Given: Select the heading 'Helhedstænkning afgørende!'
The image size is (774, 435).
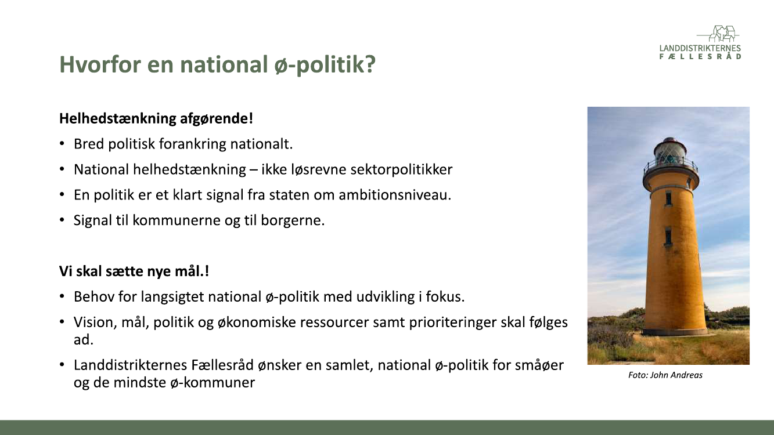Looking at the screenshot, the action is pos(156,119).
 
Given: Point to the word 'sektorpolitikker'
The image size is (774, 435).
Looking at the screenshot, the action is pos(401,170).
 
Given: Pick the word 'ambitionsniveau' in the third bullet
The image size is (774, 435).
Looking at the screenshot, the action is pos(393,195).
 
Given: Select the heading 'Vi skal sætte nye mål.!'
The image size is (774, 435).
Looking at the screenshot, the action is pos(134,271).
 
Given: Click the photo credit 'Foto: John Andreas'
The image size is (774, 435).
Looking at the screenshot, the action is pos(665,375).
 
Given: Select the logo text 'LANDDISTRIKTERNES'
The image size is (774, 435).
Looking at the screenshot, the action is pos(700,48).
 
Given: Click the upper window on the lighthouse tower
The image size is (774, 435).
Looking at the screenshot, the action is pos(668,199).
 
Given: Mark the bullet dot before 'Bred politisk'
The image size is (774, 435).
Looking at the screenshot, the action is pos(62,144).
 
